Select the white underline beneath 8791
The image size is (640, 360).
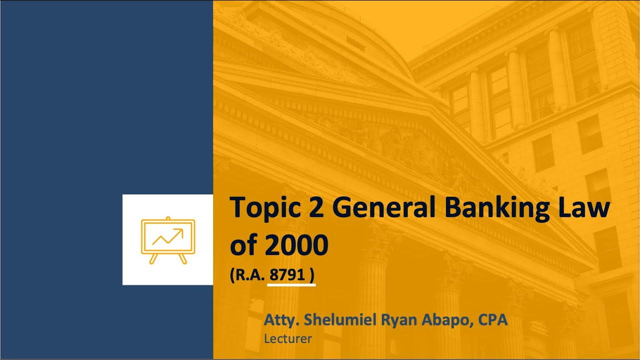pyautogui.click(x=291, y=286)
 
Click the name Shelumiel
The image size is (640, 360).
pyautogui.click(x=333, y=320)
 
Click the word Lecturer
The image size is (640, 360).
pyautogui.click(x=287, y=338)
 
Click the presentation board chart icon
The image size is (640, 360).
pyautogui.click(x=168, y=240)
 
